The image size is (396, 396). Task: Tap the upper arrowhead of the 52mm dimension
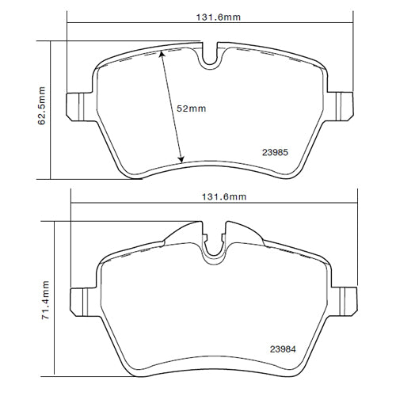[161, 54]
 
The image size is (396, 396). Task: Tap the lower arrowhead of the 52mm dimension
[182, 159]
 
